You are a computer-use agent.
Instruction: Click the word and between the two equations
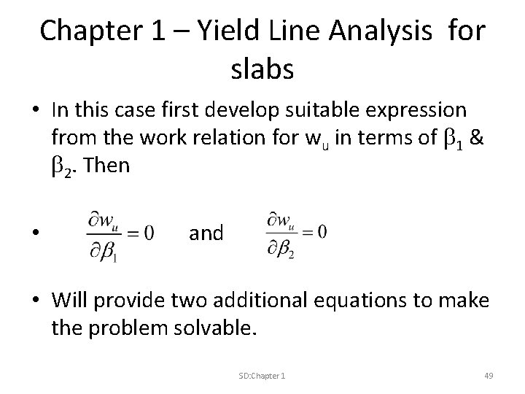207,233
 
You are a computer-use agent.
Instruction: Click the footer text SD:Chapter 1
262,375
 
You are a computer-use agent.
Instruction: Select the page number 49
489,375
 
